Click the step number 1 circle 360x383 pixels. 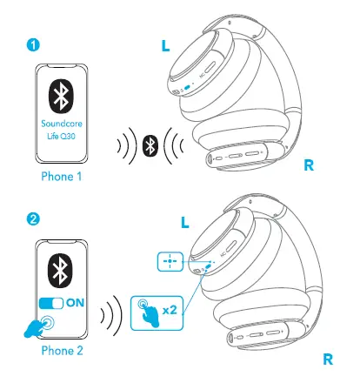(33, 44)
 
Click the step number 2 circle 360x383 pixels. (33, 218)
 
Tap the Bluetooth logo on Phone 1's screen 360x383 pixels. (60, 95)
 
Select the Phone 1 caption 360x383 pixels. (61, 177)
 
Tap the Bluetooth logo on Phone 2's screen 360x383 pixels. (61, 265)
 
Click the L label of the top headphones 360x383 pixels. (166, 45)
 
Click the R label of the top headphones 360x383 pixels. (308, 165)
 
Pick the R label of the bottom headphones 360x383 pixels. (328, 358)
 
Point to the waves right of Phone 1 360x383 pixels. (128, 144)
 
